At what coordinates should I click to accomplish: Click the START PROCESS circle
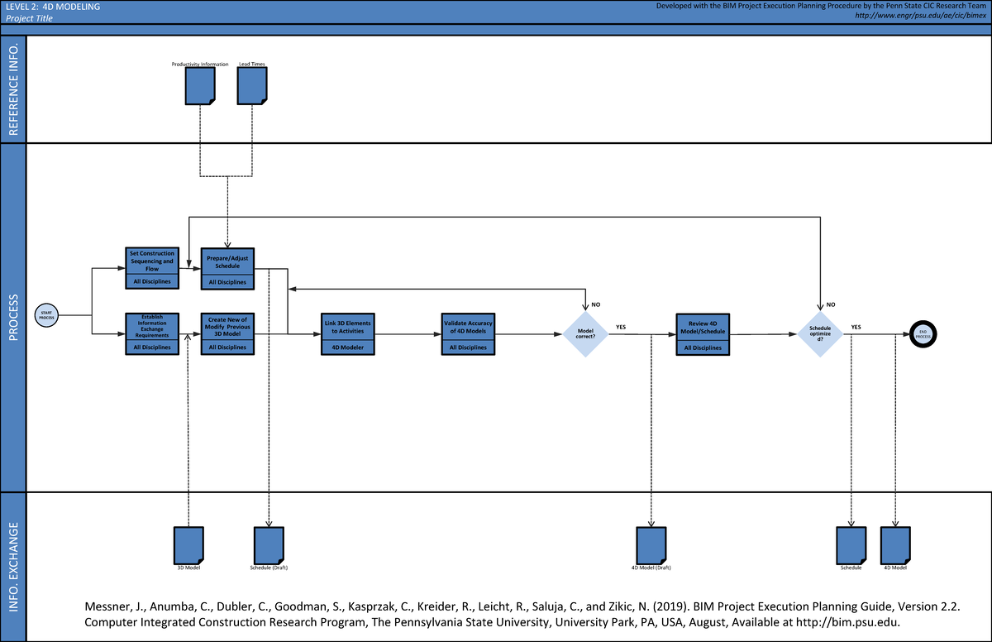tap(46, 314)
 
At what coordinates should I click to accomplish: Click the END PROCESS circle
tap(923, 333)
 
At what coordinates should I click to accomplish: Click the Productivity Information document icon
tap(200, 85)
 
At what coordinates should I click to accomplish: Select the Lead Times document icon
tap(252, 85)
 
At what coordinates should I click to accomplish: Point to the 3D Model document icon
tap(188, 544)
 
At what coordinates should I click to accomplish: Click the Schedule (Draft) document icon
tap(269, 544)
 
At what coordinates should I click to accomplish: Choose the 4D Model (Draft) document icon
tap(651, 544)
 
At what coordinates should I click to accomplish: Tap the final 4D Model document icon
tap(895, 544)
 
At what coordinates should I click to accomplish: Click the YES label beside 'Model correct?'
tap(621, 327)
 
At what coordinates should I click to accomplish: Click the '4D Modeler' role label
tap(348, 347)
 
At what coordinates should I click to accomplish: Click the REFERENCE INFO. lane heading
tap(14, 89)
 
